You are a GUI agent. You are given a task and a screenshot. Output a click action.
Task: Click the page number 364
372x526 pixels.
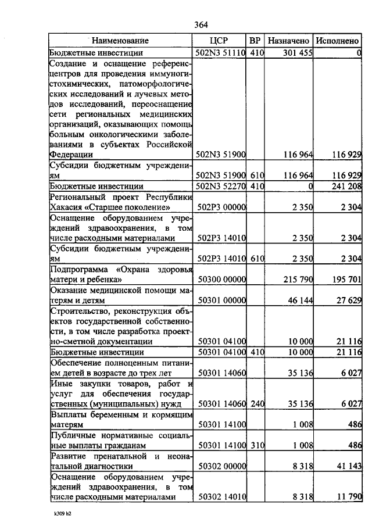(x=201, y=24)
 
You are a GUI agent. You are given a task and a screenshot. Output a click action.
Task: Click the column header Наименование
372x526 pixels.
(x=120, y=41)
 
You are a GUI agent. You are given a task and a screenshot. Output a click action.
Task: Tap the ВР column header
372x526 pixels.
(x=255, y=41)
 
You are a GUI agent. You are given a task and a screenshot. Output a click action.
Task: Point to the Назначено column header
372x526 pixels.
(x=288, y=41)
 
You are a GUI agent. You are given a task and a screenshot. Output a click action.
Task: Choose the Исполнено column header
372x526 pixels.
(x=337, y=41)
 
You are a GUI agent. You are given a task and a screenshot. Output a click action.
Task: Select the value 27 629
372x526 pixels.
(x=348, y=300)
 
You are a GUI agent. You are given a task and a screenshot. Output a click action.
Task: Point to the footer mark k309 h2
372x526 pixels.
(x=59, y=514)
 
